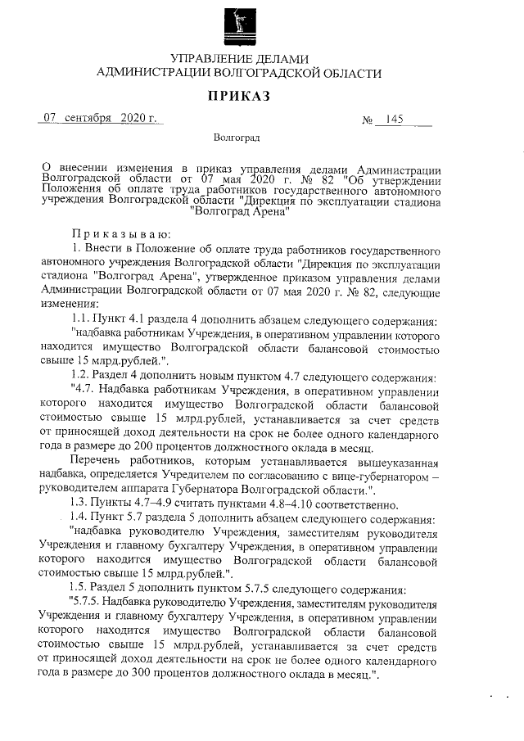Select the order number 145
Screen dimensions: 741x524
coord(393,120)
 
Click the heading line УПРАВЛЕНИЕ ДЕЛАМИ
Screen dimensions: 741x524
coord(239,58)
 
